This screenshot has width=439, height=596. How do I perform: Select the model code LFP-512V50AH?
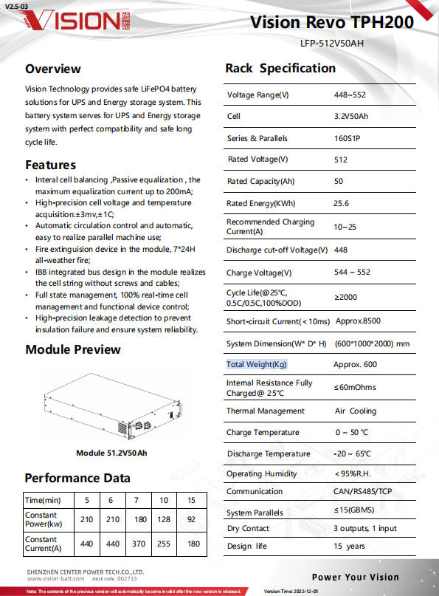[332, 43]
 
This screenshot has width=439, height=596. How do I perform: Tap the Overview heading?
[53, 69]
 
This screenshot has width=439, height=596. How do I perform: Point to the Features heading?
[50, 165]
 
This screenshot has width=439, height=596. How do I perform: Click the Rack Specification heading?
[280, 69]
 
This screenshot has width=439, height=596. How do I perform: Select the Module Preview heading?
[73, 349]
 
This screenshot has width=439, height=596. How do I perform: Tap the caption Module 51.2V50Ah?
[111, 453]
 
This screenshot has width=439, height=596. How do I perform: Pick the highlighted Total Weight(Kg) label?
[257, 365]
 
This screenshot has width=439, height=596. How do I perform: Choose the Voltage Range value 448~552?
[350, 95]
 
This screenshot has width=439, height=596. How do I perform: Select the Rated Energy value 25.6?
[342, 203]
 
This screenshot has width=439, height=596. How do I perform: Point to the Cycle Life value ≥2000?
[347, 298]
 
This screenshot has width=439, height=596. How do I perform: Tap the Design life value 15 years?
[349, 547]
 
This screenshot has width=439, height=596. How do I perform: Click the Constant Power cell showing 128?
[163, 520]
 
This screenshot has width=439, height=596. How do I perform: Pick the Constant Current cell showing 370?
[138, 544]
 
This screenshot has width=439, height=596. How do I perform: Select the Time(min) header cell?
[44, 499]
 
